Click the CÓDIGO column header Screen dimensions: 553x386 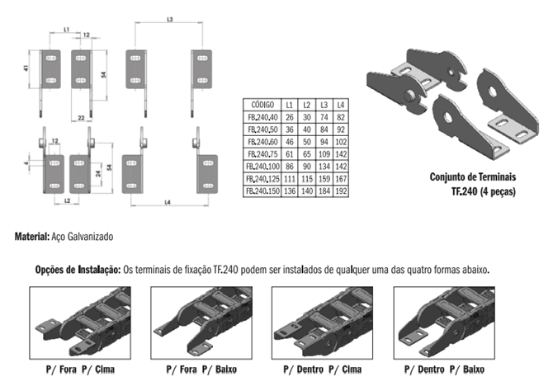click(262, 105)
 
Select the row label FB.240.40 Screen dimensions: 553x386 click(262, 117)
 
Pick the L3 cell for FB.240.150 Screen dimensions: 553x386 click(324, 191)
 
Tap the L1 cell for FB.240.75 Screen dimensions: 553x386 click(290, 154)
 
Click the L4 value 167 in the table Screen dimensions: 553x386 click(341, 179)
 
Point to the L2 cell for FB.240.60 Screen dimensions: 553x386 click(307, 142)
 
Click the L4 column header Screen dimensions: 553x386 click(341, 105)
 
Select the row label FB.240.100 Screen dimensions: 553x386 click(262, 167)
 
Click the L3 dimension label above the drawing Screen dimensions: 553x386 click(170, 20)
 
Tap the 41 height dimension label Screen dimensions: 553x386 click(26, 68)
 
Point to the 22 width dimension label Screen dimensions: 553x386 click(81, 118)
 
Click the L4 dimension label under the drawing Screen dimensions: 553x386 click(168, 202)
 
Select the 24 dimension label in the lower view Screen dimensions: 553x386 click(98, 173)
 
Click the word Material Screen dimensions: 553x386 click(32, 237)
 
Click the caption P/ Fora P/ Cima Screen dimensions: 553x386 click(80, 370)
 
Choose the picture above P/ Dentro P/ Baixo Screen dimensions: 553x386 click(444, 322)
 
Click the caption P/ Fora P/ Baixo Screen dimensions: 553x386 click(201, 370)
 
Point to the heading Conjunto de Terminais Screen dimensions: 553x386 click(473, 177)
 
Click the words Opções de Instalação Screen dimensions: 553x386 click(78, 270)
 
